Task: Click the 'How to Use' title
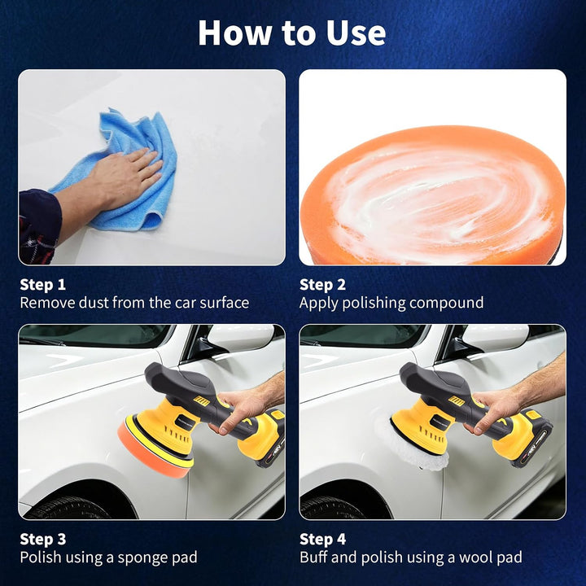[292, 33]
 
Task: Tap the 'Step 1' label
[42, 285]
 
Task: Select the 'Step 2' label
[322, 285]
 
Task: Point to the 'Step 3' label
[42, 540]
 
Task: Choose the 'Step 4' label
[322, 540]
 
